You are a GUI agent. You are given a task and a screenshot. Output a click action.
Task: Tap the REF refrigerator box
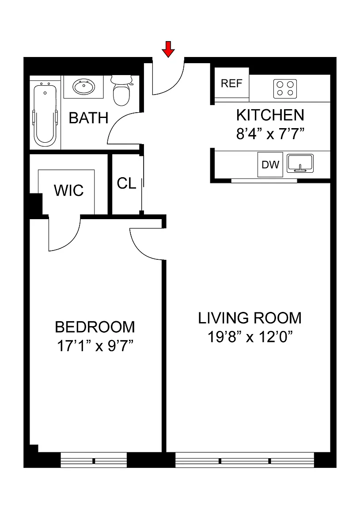pos(232,84)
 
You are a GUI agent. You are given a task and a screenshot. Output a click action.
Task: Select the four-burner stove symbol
pos(285,89)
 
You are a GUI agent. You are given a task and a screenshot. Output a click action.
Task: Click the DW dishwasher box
pos(270,164)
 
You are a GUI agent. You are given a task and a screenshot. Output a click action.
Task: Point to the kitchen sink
pos(300,163)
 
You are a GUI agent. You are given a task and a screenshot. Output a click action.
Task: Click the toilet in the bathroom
pos(121,91)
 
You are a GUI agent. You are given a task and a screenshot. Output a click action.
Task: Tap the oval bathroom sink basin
pos(84,87)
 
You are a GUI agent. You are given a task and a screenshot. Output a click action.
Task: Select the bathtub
pos(45,113)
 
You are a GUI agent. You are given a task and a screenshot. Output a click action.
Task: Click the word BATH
pos(89,118)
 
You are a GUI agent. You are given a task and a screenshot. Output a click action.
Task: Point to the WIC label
pos(69,190)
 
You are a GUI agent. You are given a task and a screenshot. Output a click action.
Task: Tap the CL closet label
pos(126,183)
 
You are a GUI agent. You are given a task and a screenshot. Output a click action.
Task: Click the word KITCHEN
pos(270,115)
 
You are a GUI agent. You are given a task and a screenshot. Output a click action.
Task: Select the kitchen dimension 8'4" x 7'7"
pos(270,133)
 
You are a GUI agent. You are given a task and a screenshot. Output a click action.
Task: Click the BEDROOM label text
pos(95,327)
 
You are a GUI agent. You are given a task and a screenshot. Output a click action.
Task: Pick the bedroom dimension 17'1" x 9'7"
pos(95,346)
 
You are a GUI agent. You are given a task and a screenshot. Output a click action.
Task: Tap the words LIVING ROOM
pos(250,318)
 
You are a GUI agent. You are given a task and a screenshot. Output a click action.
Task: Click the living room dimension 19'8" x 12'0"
pos(250,337)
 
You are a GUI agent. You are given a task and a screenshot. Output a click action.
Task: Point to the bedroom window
pos(94,460)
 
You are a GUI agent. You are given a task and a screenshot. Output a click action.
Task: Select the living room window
pos(245,460)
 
